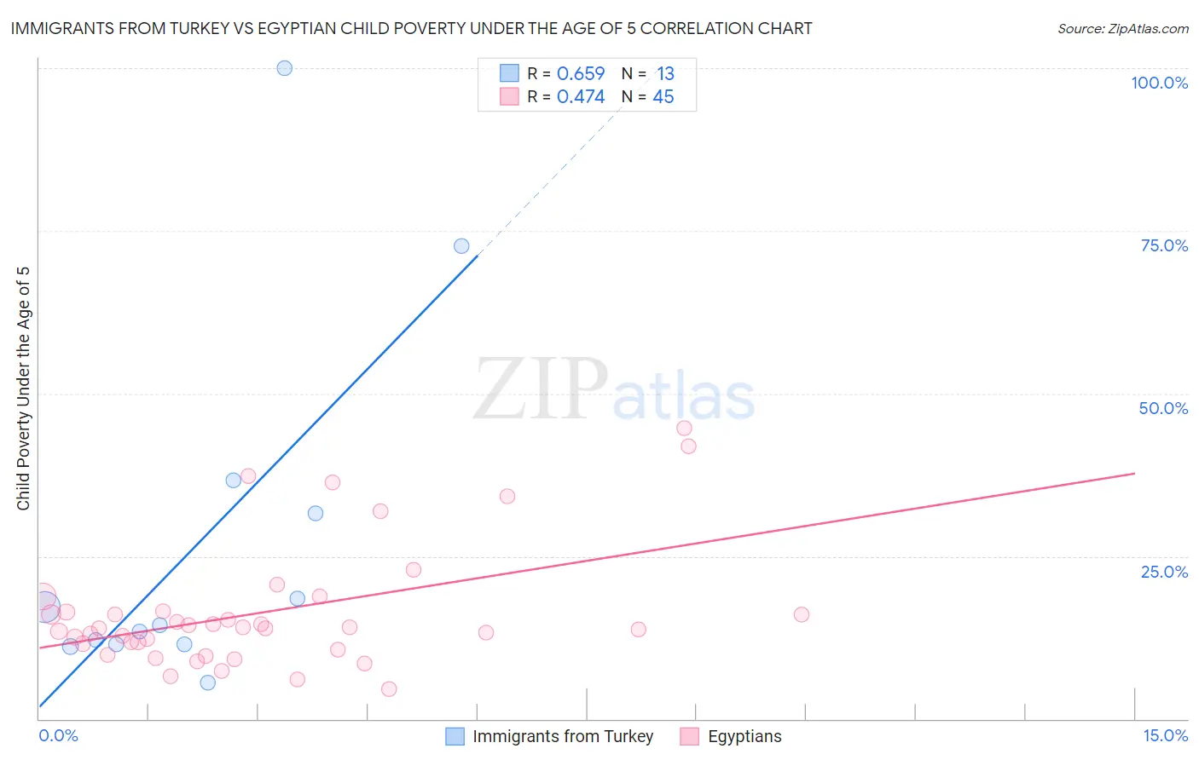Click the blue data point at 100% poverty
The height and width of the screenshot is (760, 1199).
(x=285, y=68)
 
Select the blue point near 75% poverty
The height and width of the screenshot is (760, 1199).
(x=461, y=246)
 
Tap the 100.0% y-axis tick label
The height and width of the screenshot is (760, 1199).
(x=1159, y=83)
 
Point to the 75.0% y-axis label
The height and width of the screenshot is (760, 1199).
(x=1164, y=245)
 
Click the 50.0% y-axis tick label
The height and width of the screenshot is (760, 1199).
(x=1163, y=408)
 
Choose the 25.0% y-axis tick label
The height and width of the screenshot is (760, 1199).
(x=1164, y=572)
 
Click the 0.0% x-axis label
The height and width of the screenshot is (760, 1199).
(x=58, y=736)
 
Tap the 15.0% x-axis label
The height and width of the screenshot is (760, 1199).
(x=1165, y=736)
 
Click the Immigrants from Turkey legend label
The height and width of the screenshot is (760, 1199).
(x=563, y=736)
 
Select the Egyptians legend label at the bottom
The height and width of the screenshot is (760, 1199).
(x=744, y=736)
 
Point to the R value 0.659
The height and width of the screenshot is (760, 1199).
(x=581, y=74)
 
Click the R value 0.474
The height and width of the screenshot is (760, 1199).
(x=581, y=97)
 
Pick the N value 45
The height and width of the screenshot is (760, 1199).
(x=663, y=97)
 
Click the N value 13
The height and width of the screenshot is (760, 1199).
(x=665, y=74)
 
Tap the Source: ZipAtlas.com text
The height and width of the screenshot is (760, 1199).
(x=1122, y=29)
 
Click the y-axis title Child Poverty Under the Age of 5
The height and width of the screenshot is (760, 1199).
(x=23, y=389)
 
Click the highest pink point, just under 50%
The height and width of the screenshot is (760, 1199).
(x=684, y=429)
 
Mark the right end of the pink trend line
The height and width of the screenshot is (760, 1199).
(x=1134, y=473)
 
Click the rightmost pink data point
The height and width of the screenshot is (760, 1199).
(x=802, y=614)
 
